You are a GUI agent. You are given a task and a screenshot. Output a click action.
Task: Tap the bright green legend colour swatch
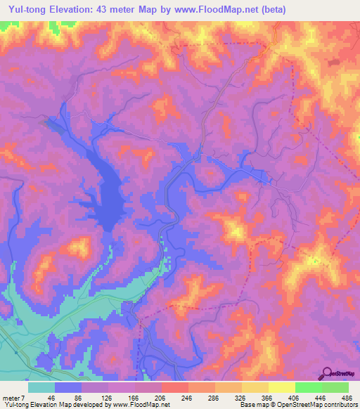click(x=308, y=388)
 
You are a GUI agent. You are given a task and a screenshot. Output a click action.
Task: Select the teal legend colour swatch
click(x=41, y=388)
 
